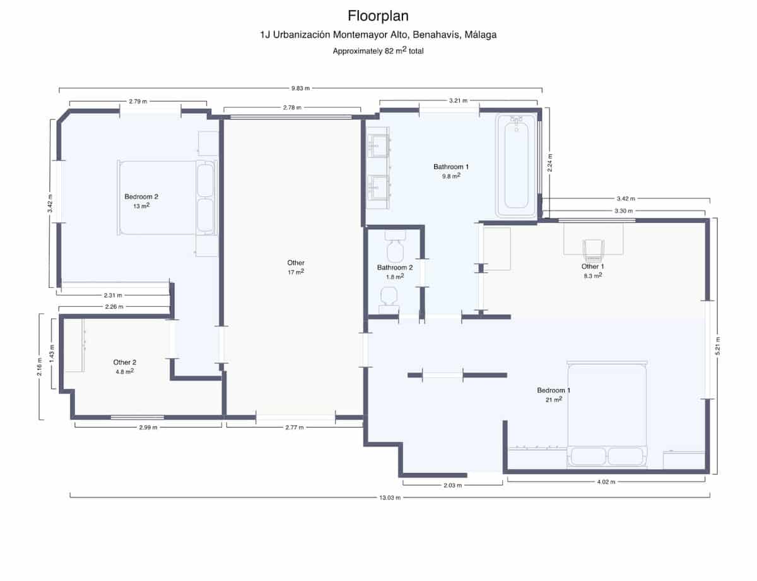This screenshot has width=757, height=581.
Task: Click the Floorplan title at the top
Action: [x=378, y=15]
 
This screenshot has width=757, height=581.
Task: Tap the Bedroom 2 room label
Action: [x=141, y=196]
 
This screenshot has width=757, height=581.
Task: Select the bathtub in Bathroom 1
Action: [x=516, y=165]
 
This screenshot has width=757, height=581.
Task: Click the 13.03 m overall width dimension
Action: [x=389, y=497]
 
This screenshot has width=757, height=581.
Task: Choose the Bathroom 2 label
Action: [x=395, y=267]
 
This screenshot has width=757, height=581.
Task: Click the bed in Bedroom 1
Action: [x=607, y=414]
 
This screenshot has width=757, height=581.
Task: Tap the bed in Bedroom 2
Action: [x=167, y=198]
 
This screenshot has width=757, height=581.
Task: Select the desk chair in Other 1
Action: [x=594, y=250]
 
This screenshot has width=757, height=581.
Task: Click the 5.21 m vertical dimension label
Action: [x=717, y=345]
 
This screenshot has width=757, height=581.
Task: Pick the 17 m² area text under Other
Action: [x=296, y=272]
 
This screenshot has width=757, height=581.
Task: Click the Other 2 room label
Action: [x=124, y=362]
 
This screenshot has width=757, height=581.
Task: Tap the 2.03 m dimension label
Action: [x=452, y=485]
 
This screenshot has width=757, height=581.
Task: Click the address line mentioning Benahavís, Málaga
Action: [x=378, y=35]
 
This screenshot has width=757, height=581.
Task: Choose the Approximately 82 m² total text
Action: [x=378, y=51]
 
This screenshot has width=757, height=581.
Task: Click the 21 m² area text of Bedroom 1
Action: [x=553, y=399]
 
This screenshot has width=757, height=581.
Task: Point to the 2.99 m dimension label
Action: [x=148, y=428]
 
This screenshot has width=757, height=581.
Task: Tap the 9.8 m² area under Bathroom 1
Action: [x=451, y=176]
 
